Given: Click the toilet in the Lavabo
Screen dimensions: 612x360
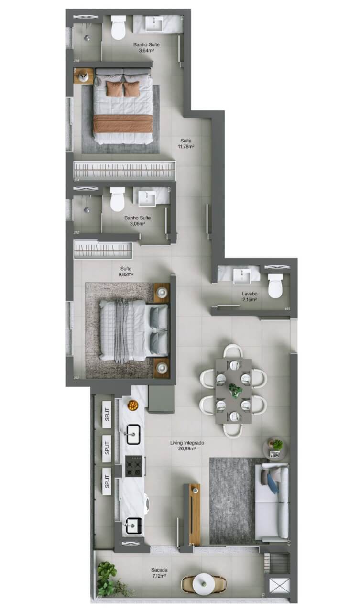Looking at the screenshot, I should click(x=275, y=285).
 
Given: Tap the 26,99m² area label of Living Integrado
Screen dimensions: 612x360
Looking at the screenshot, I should click(x=187, y=449).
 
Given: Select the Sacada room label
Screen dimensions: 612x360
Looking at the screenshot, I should click(x=159, y=570).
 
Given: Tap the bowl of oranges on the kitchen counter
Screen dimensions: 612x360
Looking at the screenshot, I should click(x=132, y=405).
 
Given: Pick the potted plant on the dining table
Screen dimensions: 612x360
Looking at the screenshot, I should click(x=234, y=390).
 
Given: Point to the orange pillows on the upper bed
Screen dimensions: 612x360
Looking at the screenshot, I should click(x=123, y=89).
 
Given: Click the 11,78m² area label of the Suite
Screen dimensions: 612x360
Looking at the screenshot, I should click(x=186, y=147).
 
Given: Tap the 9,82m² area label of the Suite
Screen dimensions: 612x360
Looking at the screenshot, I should click(x=126, y=275).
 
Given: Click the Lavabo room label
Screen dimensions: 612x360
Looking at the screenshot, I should click(x=250, y=294).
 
